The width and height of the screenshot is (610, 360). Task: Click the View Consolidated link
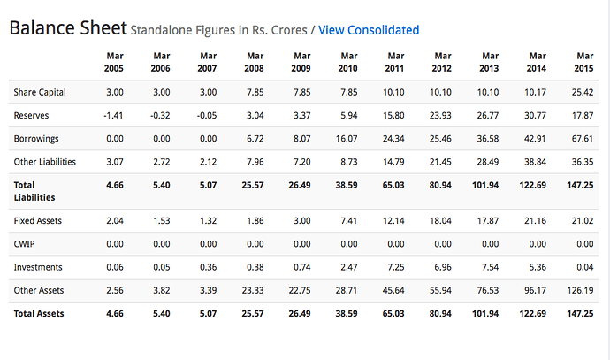tap(368, 30)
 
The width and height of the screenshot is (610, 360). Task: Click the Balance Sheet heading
tap(67, 28)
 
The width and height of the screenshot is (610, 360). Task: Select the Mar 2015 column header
tap(584, 61)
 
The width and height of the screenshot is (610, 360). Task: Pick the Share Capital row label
tap(40, 92)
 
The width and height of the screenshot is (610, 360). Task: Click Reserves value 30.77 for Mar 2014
tap(533, 115)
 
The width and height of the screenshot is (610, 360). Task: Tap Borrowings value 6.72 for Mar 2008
tap(251, 139)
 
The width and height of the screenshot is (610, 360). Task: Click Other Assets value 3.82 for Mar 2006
tap(159, 289)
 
